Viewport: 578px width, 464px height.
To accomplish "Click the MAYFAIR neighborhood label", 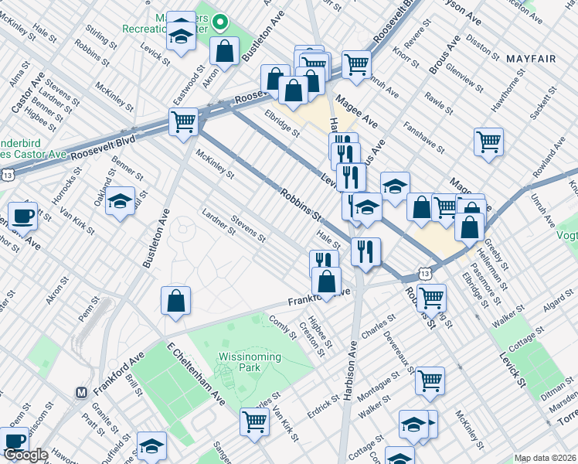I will click(x=531, y=58).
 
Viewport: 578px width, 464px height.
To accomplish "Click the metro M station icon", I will click(x=81, y=392).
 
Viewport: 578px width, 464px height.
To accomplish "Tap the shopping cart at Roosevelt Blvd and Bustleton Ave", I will click(x=184, y=121).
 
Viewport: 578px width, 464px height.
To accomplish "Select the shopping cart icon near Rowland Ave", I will click(x=488, y=142).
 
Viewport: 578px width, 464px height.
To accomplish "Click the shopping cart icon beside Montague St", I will click(x=430, y=380).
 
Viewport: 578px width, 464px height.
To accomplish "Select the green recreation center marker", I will click(x=219, y=22).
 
